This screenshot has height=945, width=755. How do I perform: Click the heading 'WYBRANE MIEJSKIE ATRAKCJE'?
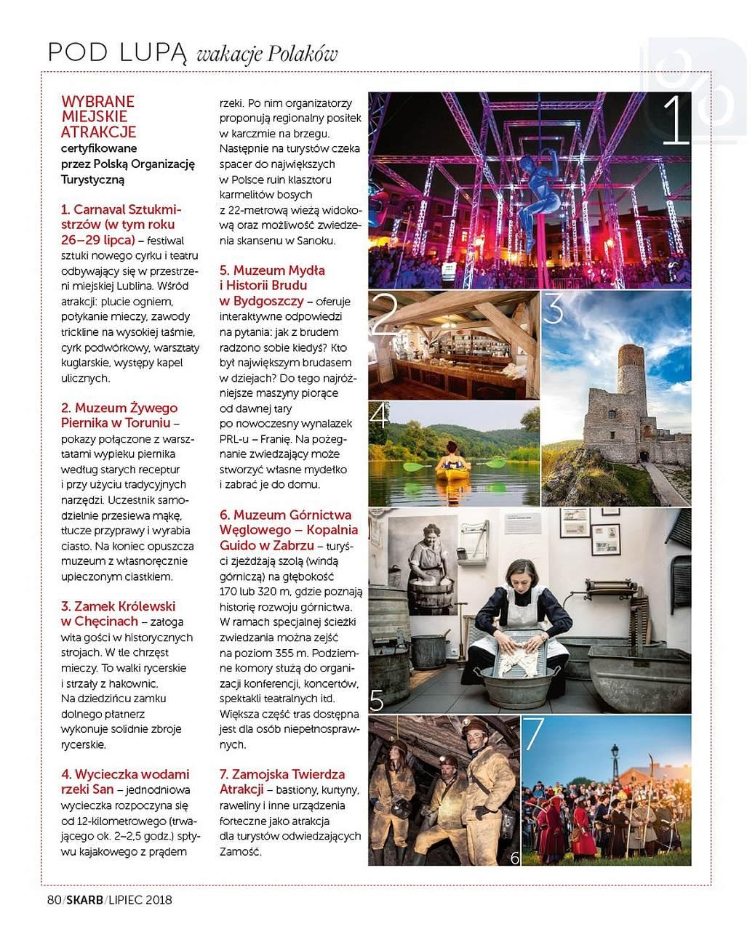[x=98, y=116]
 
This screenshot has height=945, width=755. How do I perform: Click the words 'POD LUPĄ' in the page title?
[x=116, y=52]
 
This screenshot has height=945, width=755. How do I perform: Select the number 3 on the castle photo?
[x=554, y=309]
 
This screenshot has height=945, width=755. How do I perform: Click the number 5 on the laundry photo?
[x=376, y=700]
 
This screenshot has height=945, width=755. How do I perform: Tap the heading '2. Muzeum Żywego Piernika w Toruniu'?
[x=119, y=415]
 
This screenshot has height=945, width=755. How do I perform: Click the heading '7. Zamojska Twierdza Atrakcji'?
[x=282, y=781]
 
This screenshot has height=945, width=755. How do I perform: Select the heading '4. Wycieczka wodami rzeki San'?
[x=124, y=781]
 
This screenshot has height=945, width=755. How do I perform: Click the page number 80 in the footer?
[x=53, y=900]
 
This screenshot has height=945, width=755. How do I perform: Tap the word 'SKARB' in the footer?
[x=84, y=900]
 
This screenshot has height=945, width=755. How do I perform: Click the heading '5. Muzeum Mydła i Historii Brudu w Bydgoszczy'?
[x=273, y=285]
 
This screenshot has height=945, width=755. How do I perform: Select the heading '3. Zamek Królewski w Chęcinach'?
[x=118, y=614]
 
